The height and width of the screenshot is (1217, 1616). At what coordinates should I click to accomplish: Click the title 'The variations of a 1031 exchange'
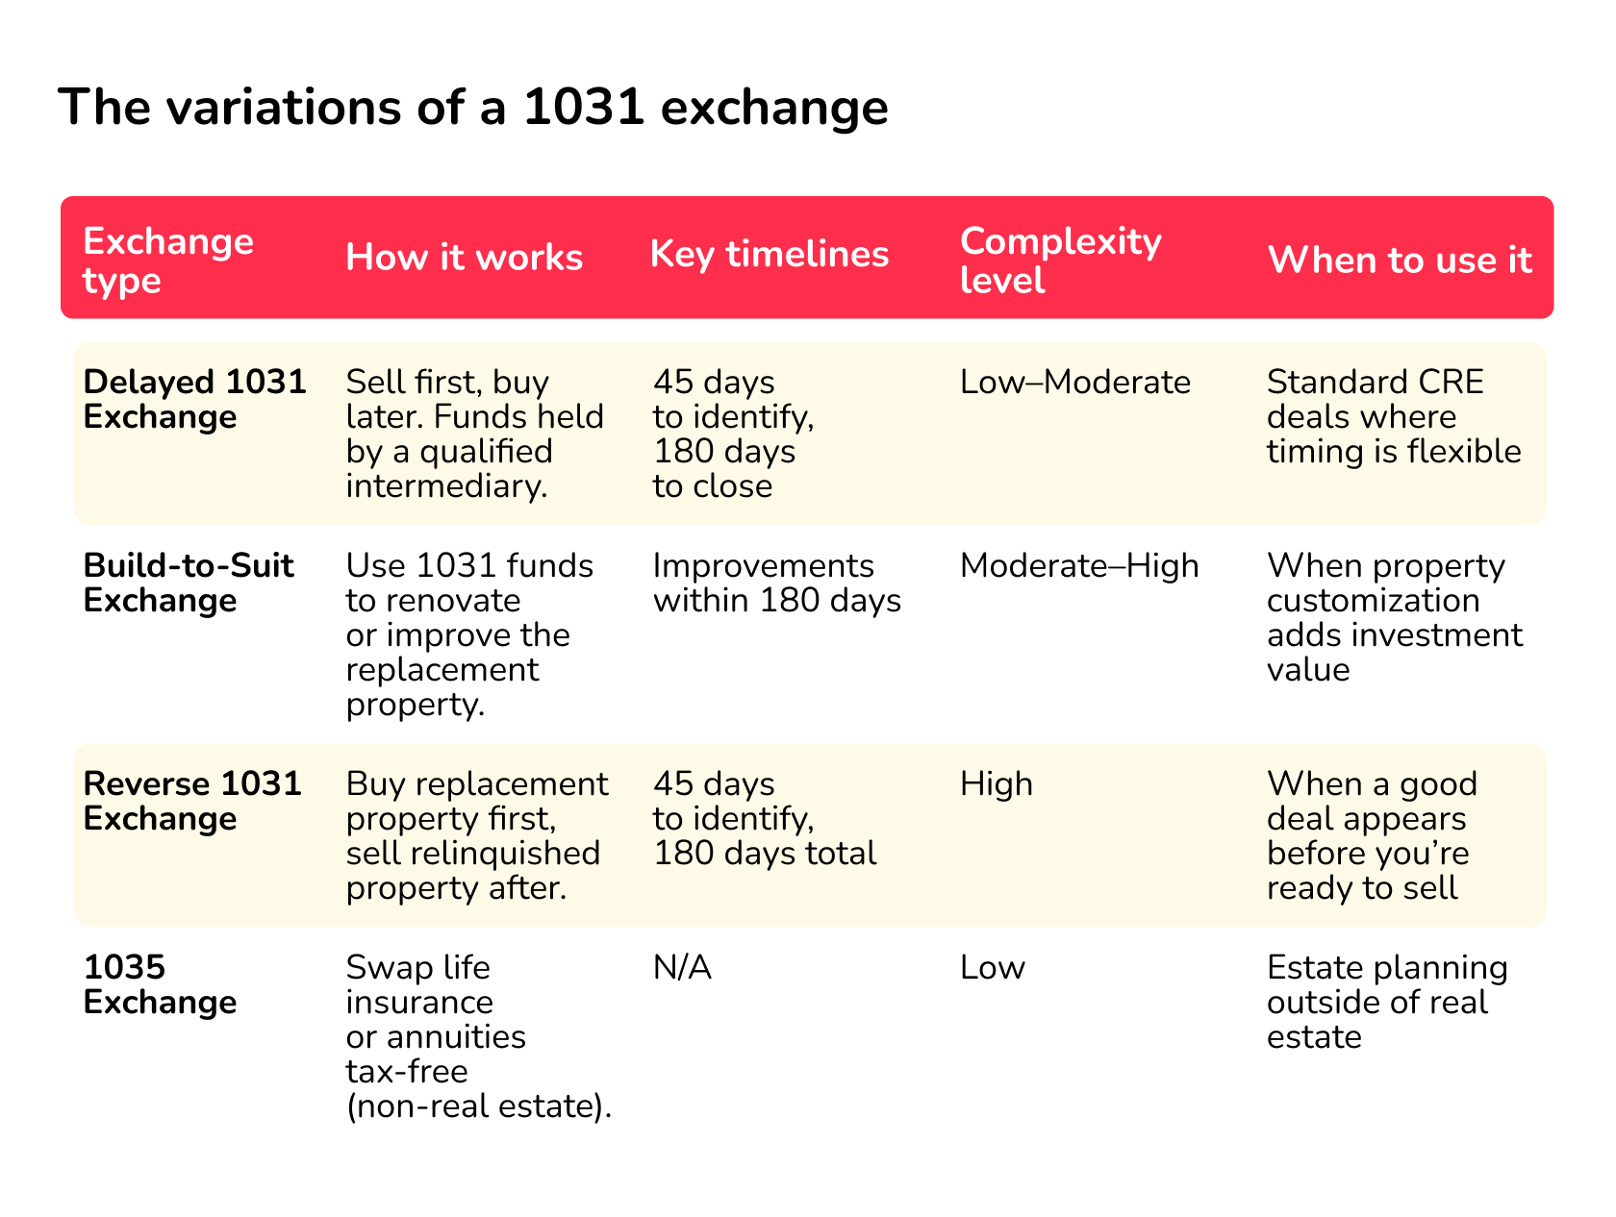point(472,107)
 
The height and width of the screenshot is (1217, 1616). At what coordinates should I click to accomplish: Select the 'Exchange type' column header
point(168,260)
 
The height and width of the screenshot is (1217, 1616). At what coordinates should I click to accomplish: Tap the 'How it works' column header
point(464,258)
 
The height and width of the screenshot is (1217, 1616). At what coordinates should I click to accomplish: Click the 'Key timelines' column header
point(769,254)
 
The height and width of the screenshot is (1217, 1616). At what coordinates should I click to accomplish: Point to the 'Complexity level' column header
point(1060,260)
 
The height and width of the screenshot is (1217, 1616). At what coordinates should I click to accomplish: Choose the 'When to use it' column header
point(1400,260)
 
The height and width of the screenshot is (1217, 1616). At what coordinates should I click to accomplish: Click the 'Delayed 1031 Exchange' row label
point(194,399)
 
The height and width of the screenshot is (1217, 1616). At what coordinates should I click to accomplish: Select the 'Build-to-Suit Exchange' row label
point(189,583)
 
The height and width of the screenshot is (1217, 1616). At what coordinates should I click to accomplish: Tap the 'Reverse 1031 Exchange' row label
point(192,801)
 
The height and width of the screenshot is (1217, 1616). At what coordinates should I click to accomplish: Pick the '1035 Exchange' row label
point(160,984)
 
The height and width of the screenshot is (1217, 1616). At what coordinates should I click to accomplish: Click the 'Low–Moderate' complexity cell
point(1074,383)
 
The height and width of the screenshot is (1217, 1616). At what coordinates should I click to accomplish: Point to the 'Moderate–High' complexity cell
point(1079,566)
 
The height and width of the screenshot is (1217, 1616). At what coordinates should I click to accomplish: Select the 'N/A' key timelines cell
point(682,967)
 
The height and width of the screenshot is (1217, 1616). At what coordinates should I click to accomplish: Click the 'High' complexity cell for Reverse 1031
point(996,784)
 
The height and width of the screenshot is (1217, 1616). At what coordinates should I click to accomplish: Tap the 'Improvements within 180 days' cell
point(776,583)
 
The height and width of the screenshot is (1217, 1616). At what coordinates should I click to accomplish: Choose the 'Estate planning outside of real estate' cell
point(1386,1002)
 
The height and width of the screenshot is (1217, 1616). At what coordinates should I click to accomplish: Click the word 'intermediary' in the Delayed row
point(445,486)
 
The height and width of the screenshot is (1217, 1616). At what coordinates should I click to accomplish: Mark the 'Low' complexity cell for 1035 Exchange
point(992,967)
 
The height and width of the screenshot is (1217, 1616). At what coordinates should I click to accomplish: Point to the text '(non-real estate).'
point(479,1106)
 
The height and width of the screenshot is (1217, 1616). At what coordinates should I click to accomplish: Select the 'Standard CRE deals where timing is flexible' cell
point(1393,417)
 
